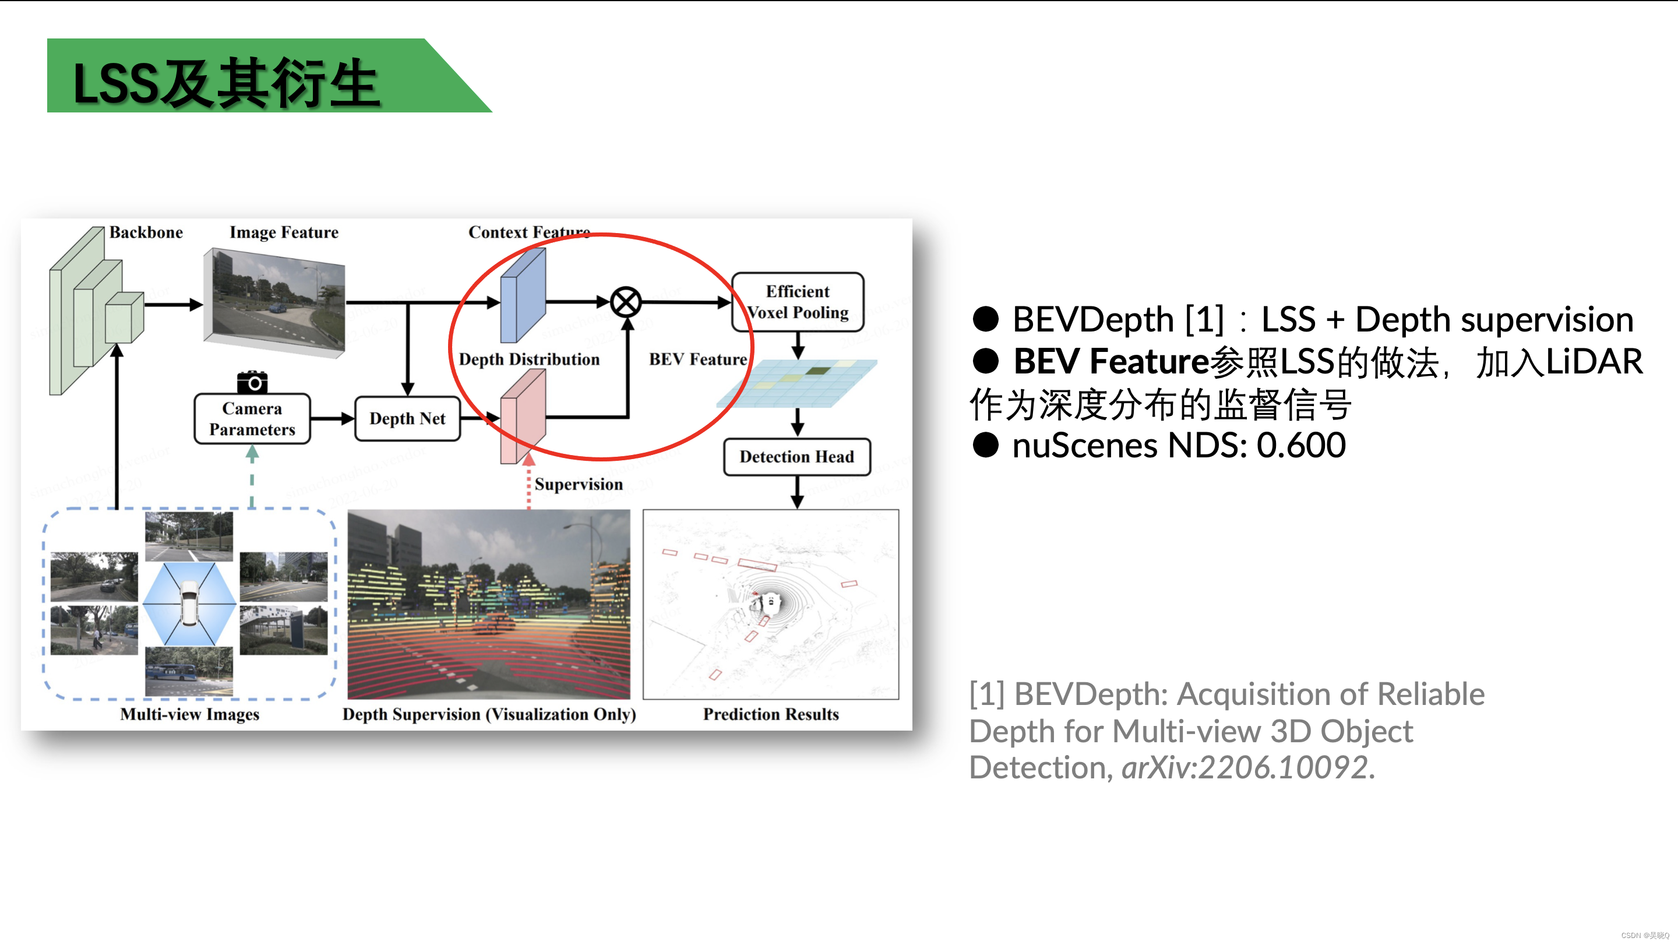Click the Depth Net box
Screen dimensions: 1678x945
[408, 418]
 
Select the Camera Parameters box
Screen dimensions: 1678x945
[252, 419]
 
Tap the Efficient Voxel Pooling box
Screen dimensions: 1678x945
[798, 302]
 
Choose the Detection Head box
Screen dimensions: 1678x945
[796, 457]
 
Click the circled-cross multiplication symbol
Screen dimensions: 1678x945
[626, 302]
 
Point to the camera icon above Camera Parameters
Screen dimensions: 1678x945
[252, 382]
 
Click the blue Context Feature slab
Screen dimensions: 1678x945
[523, 295]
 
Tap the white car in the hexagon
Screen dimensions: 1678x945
[189, 603]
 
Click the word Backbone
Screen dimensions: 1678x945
[146, 232]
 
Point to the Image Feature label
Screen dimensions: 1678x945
[284, 232]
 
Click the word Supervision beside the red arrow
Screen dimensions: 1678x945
[579, 484]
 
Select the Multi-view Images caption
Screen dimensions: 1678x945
[189, 714]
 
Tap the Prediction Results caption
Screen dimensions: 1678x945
[771, 714]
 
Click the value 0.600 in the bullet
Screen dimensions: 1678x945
[1301, 446]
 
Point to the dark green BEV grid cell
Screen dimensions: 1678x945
[817, 371]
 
